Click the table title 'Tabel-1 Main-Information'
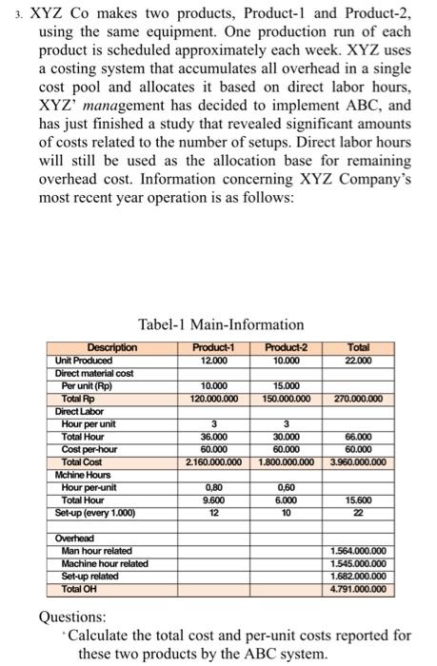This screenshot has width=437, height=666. point(221,324)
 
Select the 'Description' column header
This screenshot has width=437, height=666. point(111,347)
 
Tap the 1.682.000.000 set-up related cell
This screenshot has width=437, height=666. point(355,577)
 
